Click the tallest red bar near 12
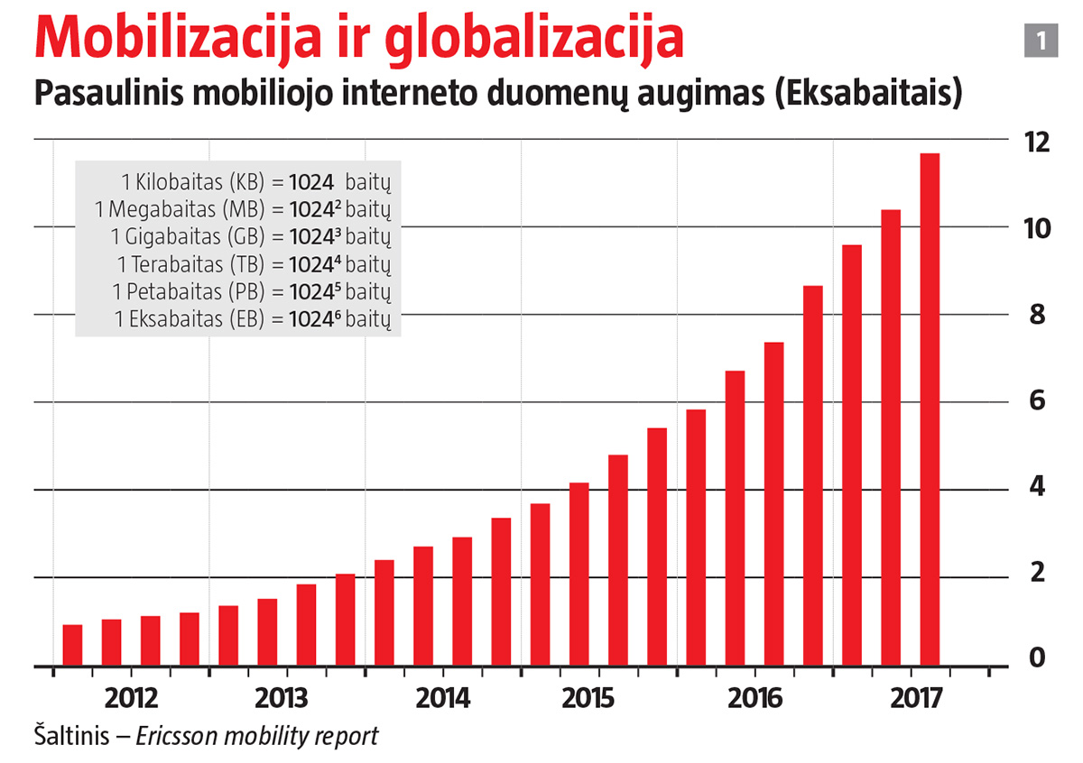point(930,410)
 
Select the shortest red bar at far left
point(72,646)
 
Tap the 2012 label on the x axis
point(132,699)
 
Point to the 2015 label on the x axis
point(588,699)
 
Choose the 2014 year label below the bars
point(443,699)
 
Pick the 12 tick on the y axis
point(1038,142)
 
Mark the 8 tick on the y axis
point(1038,315)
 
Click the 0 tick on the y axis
point(1038,659)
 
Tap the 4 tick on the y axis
point(1038,488)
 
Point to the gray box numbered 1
point(1041,41)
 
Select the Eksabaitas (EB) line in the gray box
point(257,319)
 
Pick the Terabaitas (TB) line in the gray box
point(259,265)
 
